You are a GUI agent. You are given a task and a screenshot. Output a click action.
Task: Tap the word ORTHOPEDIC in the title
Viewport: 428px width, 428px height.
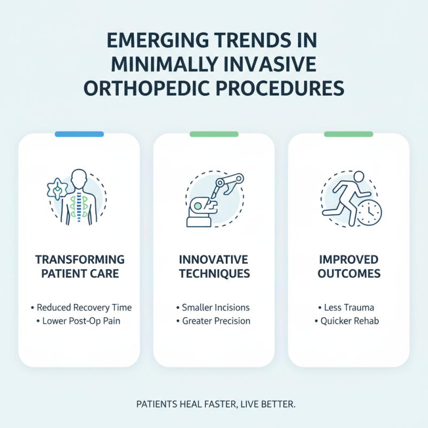click(x=152, y=87)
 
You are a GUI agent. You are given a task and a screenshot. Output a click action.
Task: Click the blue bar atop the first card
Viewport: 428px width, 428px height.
click(x=79, y=134)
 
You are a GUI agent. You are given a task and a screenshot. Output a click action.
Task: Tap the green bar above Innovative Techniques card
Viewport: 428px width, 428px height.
click(x=214, y=134)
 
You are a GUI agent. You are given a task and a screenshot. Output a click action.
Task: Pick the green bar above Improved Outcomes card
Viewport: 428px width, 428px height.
click(x=348, y=134)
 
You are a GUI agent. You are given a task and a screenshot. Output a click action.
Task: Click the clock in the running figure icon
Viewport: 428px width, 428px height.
click(x=369, y=213)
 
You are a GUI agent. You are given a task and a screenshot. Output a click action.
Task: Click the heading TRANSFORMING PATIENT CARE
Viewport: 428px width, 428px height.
click(x=79, y=266)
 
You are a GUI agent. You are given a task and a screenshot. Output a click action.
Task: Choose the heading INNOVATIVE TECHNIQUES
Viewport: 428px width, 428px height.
click(x=214, y=266)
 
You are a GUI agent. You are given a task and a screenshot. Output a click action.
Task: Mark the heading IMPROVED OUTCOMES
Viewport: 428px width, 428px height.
click(x=348, y=266)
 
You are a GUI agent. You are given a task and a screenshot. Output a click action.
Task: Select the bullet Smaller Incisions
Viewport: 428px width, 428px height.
click(x=215, y=308)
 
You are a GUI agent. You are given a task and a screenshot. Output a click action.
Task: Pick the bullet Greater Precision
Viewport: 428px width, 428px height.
click(x=215, y=321)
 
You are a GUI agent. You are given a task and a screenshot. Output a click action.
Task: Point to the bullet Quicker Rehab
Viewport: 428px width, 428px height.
click(x=350, y=321)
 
